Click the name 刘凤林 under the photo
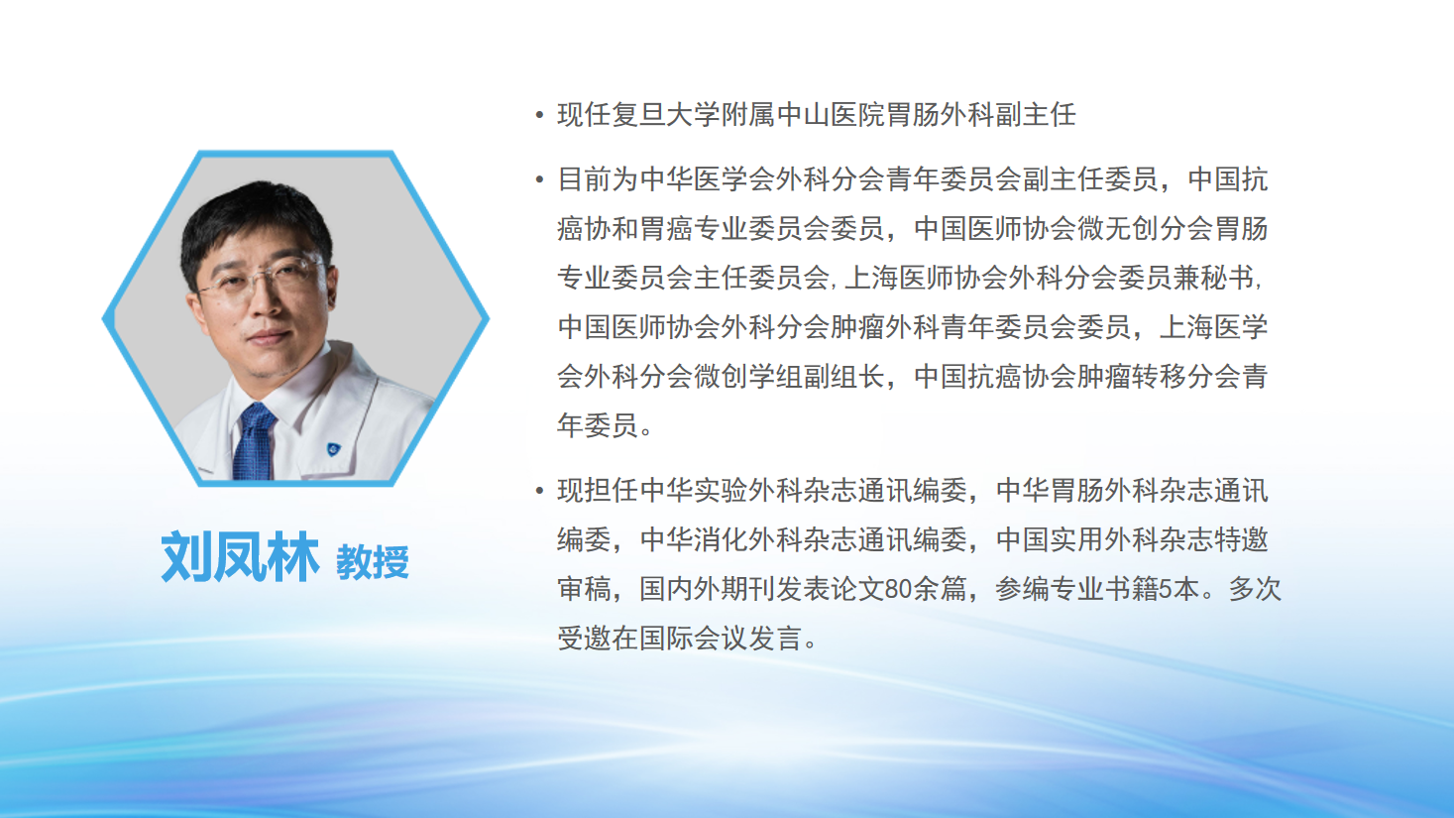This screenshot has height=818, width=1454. coord(240,557)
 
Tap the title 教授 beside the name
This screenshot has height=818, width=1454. coord(373,562)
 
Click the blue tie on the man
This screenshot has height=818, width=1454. coord(253,441)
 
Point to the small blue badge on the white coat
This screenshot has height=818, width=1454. coord(334,448)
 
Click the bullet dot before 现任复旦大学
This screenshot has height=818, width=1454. coord(539,116)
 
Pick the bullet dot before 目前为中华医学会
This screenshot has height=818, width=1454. coord(539,179)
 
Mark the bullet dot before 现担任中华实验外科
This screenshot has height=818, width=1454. coord(539,491)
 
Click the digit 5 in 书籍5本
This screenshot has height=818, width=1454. coord(1166,589)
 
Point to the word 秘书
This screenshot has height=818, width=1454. coord(1227,278)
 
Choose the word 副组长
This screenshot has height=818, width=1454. coord(843,377)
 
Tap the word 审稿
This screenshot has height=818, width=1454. coord(584,589)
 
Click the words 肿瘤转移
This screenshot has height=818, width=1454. coord(1132,377)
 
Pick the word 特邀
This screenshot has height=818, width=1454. coord(1241,539)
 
